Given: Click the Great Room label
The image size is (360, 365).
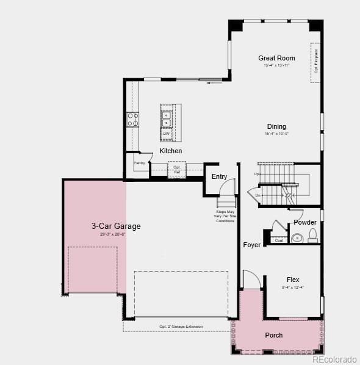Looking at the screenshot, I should (x=276, y=59).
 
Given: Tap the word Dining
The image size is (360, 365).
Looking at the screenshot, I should (x=276, y=127).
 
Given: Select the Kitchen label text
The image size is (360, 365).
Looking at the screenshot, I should (x=171, y=151).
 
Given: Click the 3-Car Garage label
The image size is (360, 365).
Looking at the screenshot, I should (x=116, y=226).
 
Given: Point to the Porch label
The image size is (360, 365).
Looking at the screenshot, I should (x=274, y=335).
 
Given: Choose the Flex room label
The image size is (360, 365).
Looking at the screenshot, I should (x=293, y=280).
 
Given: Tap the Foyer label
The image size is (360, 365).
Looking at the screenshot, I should (x=252, y=245).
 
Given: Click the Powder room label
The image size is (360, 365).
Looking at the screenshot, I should (x=305, y=222).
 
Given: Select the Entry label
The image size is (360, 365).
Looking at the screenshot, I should (x=219, y=176).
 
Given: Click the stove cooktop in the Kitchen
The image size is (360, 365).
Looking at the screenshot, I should (x=132, y=119).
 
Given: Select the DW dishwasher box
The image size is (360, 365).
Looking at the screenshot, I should (x=166, y=133).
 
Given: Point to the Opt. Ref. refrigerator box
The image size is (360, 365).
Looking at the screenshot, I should (x=177, y=169).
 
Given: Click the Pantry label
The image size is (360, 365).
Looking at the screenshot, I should (x=140, y=163).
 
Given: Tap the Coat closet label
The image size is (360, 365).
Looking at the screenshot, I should (x=279, y=240).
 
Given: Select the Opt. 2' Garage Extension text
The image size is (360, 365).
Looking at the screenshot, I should (x=181, y=327).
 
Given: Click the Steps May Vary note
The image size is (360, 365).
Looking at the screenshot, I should (x=225, y=216).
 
